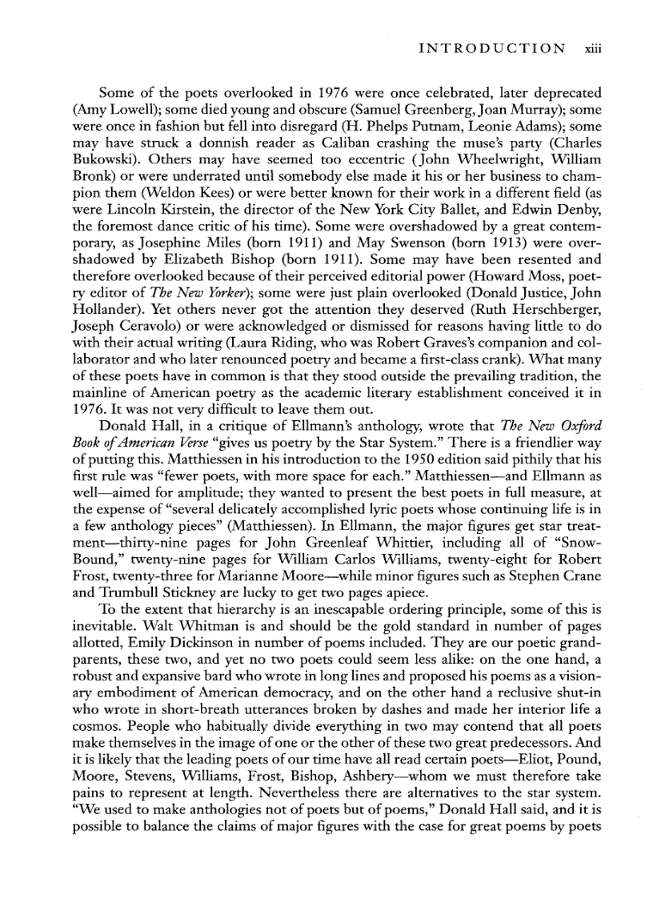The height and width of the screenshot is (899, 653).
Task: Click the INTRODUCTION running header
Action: (x=491, y=48)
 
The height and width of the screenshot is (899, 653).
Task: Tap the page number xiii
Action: (x=591, y=48)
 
